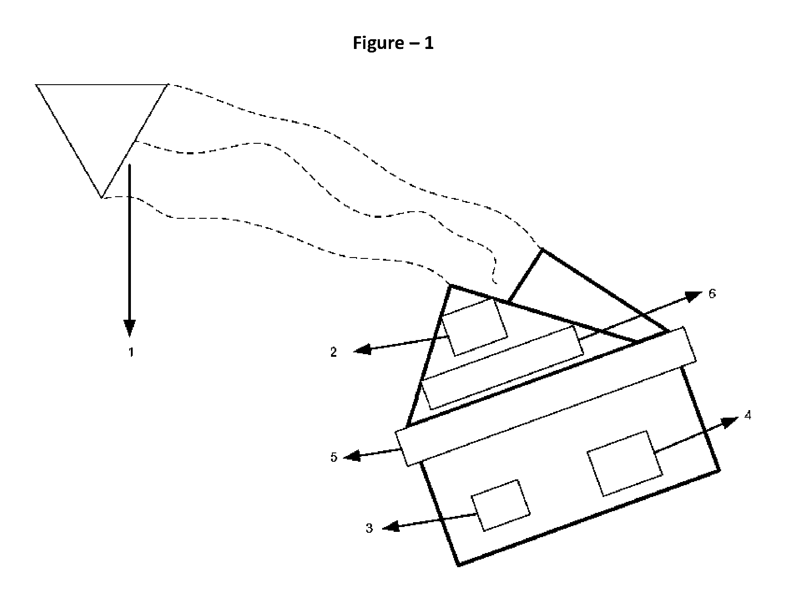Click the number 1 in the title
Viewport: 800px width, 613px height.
pyautogui.click(x=429, y=43)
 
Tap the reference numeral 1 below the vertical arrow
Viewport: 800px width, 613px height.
pyautogui.click(x=131, y=352)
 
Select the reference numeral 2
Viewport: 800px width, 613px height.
pyautogui.click(x=334, y=352)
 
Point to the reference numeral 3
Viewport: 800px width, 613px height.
pyautogui.click(x=369, y=528)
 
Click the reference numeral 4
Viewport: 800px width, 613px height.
pyautogui.click(x=748, y=415)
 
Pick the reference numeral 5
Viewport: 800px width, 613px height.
pyautogui.click(x=334, y=457)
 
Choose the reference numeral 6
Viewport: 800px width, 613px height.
pyautogui.click(x=712, y=293)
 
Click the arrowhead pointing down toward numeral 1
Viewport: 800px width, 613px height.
pyautogui.click(x=130, y=328)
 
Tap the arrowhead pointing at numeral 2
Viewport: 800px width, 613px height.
pyautogui.click(x=362, y=350)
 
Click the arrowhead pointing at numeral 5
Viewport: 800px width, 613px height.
pyautogui.click(x=352, y=456)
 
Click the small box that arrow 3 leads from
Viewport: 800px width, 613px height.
pyautogui.click(x=501, y=505)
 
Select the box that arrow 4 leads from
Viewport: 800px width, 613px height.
pyautogui.click(x=625, y=463)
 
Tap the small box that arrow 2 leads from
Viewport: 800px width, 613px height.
pyautogui.click(x=475, y=327)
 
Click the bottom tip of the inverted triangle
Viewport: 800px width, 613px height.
pyautogui.click(x=102, y=198)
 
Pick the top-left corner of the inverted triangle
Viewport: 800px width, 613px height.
pyautogui.click(x=36, y=84)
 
